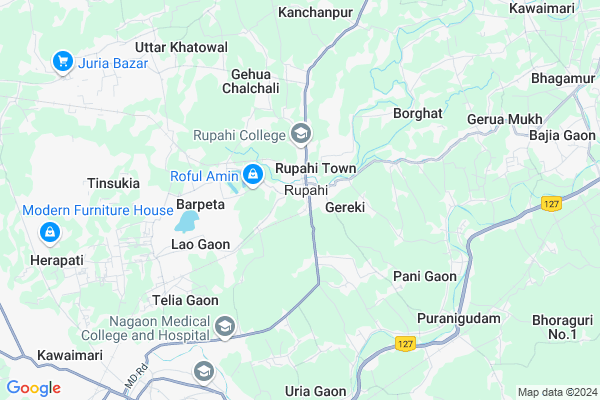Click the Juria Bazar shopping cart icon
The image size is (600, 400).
click(x=62, y=62)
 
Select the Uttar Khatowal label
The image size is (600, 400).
click(x=181, y=47)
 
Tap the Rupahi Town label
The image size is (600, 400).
click(x=316, y=168)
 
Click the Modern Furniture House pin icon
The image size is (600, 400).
click(x=48, y=232)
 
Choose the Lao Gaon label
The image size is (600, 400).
click(x=200, y=244)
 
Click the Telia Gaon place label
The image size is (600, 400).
click(x=185, y=299)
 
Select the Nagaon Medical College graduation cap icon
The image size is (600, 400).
click(x=226, y=326)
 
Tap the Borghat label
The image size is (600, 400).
click(x=418, y=114)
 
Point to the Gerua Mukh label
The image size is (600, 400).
click(x=504, y=119)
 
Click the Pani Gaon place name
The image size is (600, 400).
click(x=425, y=276)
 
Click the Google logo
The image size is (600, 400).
click(x=34, y=388)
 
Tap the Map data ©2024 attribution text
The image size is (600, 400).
click(x=555, y=391)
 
